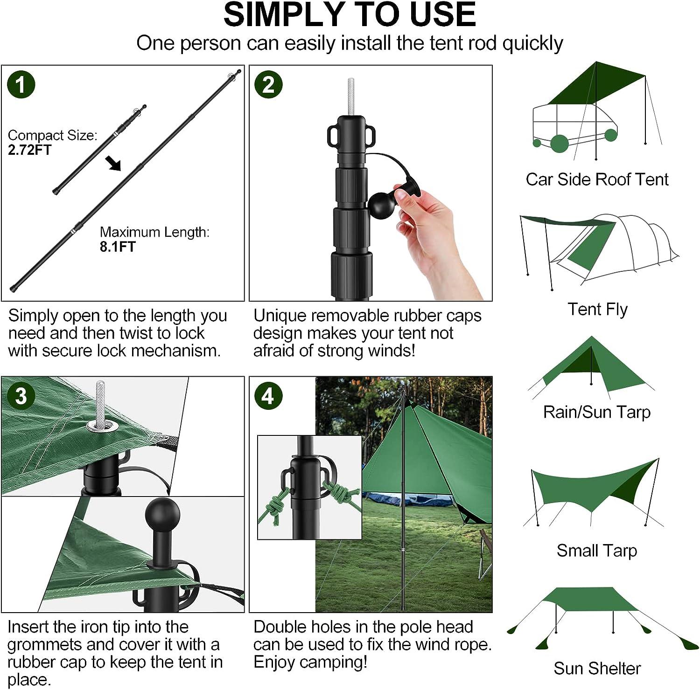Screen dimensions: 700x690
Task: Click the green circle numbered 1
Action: [x=21, y=84]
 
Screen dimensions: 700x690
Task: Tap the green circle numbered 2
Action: [x=268, y=84]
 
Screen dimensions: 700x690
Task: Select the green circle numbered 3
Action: [x=21, y=396]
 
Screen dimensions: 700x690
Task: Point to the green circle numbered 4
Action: [x=268, y=396]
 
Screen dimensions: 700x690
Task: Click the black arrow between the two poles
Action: [x=113, y=164]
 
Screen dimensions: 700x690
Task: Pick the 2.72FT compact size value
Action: [x=30, y=150]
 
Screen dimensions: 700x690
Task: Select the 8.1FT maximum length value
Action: [x=118, y=246]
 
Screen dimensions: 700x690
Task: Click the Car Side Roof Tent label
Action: [x=597, y=179]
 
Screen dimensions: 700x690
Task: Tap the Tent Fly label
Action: [x=597, y=309]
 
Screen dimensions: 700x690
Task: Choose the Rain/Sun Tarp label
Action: [x=597, y=412]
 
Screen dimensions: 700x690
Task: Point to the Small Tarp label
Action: [x=597, y=551]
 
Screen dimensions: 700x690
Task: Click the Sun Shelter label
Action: [x=597, y=668]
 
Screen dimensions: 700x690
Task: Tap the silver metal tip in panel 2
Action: [x=350, y=96]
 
